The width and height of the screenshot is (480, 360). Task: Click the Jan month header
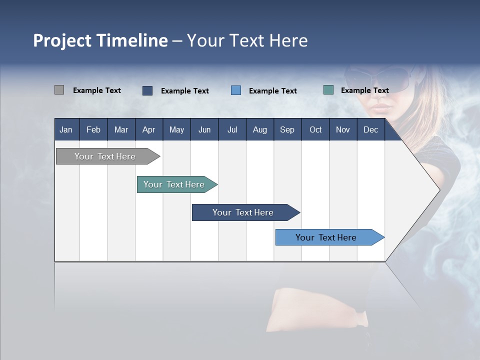tap(66, 129)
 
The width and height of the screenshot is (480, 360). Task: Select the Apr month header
tap(148, 129)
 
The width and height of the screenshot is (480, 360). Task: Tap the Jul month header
tap(232, 129)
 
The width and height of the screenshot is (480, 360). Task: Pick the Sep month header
tap(287, 129)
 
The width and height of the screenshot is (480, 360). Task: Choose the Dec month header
tap(370, 129)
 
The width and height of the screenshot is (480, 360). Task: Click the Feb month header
tap(93, 129)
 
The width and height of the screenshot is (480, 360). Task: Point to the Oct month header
tap(315, 129)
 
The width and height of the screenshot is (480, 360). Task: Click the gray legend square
tap(59, 90)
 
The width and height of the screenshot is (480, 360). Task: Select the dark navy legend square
tap(147, 90)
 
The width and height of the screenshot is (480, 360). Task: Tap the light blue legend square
tap(236, 90)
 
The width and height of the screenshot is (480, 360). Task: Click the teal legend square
tap(328, 90)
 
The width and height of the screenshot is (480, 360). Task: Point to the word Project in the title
tap(62, 40)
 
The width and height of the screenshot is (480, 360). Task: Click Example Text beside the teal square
tap(364, 90)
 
